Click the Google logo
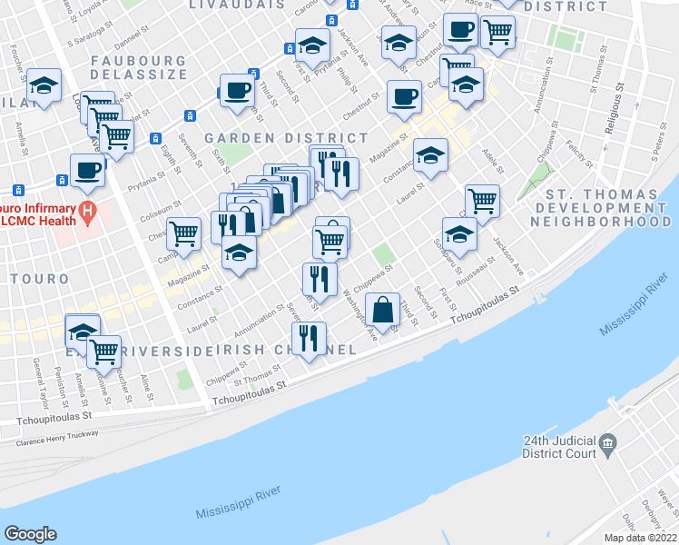point(31,534)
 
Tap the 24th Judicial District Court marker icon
point(607,446)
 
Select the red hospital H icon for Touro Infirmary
point(88,214)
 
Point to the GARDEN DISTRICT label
point(286,138)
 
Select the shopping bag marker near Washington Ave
point(384,309)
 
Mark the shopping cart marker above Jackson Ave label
point(482,201)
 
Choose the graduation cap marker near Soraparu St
point(459,233)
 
